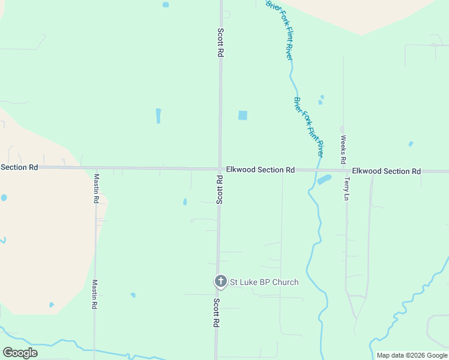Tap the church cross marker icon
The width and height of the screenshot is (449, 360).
(x=221, y=281)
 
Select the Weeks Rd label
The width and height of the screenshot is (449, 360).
(x=343, y=149)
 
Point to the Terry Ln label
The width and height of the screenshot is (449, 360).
(x=346, y=188)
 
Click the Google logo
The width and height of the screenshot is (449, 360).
(x=20, y=353)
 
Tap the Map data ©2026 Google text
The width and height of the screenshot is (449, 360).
(x=412, y=355)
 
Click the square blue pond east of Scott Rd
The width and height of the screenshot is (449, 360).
(x=243, y=115)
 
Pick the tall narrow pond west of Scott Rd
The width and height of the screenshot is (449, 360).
(x=158, y=116)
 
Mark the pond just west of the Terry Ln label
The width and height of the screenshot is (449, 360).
(x=324, y=179)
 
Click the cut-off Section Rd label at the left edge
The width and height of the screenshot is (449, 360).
(x=19, y=167)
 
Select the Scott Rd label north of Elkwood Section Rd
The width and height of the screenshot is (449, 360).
(x=221, y=42)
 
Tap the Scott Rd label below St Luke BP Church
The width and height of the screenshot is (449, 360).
(x=216, y=313)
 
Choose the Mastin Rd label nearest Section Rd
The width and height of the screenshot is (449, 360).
(x=96, y=188)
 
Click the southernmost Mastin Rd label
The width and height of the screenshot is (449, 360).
(x=94, y=294)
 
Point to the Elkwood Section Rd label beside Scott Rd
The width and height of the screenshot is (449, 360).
(x=260, y=170)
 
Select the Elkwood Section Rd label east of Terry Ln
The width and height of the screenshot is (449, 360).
(x=386, y=171)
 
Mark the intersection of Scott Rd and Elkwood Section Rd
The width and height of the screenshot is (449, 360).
(x=220, y=169)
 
